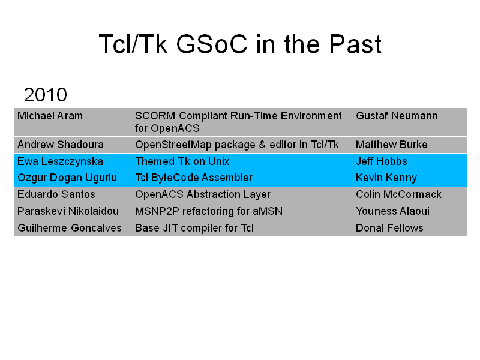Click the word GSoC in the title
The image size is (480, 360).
click(x=212, y=44)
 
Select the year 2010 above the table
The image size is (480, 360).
click(x=46, y=95)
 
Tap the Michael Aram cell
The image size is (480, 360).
click(x=72, y=122)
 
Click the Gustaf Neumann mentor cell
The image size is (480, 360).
click(x=409, y=122)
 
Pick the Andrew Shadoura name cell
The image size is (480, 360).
click(x=72, y=145)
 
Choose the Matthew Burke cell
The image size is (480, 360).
click(x=409, y=145)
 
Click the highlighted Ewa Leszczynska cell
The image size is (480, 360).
click(x=72, y=161)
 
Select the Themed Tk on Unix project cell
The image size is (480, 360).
click(x=242, y=161)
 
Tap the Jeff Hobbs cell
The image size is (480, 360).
click(x=409, y=161)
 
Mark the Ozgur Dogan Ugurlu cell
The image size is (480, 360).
click(x=72, y=178)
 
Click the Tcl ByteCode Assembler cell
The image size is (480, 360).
click(x=242, y=178)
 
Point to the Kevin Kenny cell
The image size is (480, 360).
click(x=409, y=178)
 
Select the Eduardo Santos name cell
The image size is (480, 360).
click(x=72, y=195)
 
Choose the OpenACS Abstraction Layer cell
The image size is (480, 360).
click(x=242, y=195)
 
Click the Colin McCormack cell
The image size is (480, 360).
click(x=409, y=195)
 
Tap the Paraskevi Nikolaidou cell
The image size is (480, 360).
click(x=72, y=212)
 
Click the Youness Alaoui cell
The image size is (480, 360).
click(x=409, y=212)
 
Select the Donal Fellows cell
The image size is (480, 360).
click(x=409, y=228)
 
